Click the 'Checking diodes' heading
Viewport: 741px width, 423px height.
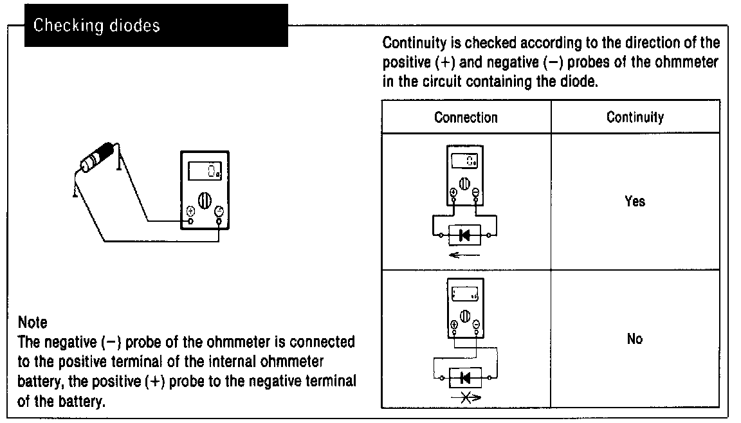(x=96, y=26)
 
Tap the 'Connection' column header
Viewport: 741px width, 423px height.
(x=466, y=118)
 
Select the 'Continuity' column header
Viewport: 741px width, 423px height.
(x=635, y=118)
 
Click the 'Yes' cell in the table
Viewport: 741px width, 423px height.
(x=635, y=202)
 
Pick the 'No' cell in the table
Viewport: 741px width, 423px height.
(x=635, y=339)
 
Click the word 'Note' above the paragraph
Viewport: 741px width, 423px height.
(x=33, y=321)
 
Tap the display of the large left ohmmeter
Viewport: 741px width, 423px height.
(x=205, y=170)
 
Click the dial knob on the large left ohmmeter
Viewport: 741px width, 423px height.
(x=205, y=199)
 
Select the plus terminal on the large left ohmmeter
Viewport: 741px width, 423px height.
(x=190, y=212)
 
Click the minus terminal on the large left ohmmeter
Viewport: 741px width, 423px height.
(x=219, y=212)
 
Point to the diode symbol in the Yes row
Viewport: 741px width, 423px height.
(x=464, y=235)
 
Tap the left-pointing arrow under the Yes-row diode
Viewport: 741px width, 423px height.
(x=464, y=256)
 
